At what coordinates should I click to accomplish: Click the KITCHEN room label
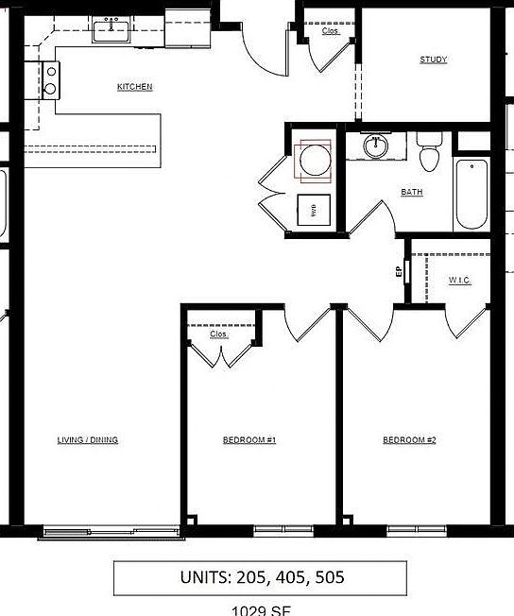pyautogui.click(x=134, y=87)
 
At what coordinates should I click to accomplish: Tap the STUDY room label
pyautogui.click(x=434, y=60)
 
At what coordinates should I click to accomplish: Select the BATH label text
pyautogui.click(x=412, y=193)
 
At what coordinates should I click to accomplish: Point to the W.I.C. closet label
pyautogui.click(x=460, y=281)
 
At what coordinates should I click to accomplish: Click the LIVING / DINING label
pyautogui.click(x=88, y=440)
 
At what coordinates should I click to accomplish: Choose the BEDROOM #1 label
pyautogui.click(x=249, y=440)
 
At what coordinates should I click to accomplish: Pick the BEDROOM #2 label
pyautogui.click(x=409, y=440)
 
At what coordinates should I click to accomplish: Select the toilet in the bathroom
pyautogui.click(x=430, y=154)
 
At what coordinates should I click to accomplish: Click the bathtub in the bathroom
pyautogui.click(x=471, y=195)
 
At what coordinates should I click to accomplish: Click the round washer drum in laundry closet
pyautogui.click(x=313, y=160)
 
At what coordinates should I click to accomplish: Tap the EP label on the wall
pyautogui.click(x=399, y=272)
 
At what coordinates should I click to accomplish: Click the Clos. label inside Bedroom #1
pyautogui.click(x=219, y=334)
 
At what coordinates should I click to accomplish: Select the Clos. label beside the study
pyautogui.click(x=330, y=31)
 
